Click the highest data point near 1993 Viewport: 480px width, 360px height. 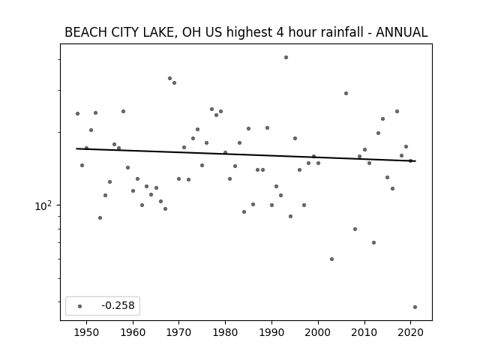point(286,57)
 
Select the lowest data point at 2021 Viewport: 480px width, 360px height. point(415,307)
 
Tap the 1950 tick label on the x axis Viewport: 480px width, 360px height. point(87,332)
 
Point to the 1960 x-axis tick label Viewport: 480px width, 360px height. point(133,332)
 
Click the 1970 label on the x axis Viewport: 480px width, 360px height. point(179,332)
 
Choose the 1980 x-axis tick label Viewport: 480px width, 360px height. point(225,332)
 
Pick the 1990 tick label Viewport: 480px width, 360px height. point(271,332)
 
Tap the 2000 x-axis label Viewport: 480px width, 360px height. point(318,332)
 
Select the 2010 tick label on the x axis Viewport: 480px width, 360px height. point(364,332)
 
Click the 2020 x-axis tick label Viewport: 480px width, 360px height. point(410,332)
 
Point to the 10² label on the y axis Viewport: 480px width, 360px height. point(43,206)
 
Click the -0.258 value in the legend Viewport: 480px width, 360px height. point(118,305)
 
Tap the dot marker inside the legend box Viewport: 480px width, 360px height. point(80,306)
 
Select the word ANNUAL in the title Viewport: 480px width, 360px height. point(402,32)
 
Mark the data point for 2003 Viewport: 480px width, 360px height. point(331,259)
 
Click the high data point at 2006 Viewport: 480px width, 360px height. point(346,93)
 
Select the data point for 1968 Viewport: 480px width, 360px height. point(170,78)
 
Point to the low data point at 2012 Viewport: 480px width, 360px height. point(373,242)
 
